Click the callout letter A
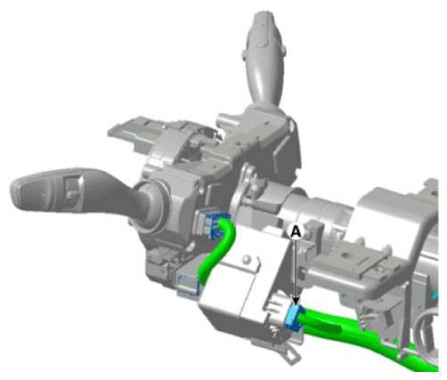pos(296,230)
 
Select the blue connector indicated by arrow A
pos(294,318)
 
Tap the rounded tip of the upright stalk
pos(265,18)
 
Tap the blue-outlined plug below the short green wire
pos(188,286)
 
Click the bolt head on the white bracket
pos(246,260)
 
